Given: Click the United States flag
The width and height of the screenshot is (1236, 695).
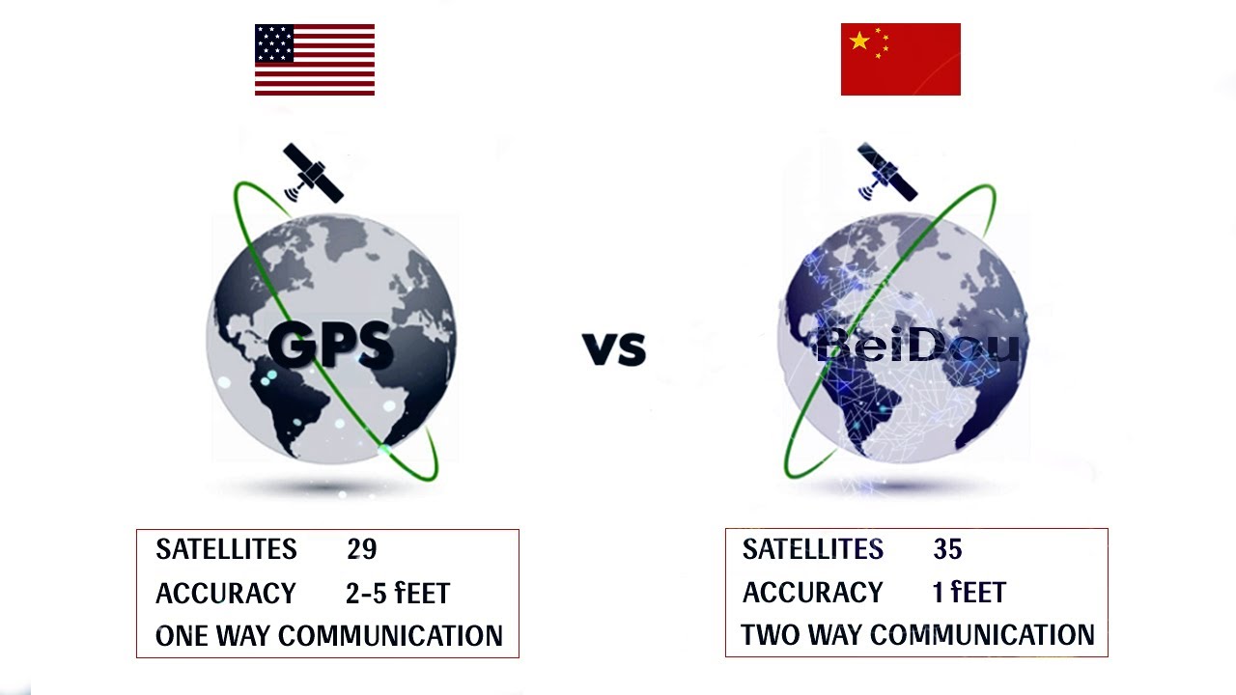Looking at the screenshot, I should click(315, 60).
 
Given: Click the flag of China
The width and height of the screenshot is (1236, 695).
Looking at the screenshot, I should click(900, 60).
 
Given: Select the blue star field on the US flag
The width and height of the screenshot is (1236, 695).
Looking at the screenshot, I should click(274, 42).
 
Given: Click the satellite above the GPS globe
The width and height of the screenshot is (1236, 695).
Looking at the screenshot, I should click(312, 174).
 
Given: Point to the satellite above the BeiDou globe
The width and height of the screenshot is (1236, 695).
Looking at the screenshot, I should click(886, 173).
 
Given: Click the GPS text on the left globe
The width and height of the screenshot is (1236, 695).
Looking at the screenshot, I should click(330, 345).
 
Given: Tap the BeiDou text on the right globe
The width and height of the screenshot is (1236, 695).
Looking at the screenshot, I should click(917, 346).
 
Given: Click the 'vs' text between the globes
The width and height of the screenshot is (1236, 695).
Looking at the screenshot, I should click(614, 347).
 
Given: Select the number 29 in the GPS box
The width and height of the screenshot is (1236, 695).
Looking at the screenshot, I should click(361, 549).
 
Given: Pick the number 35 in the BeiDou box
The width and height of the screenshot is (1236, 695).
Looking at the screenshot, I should click(947, 549).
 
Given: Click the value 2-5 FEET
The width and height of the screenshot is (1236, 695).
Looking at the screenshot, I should click(398, 593).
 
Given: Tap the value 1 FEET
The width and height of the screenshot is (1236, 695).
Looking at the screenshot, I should click(969, 592).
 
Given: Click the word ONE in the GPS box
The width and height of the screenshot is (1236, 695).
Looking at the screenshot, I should click(182, 636).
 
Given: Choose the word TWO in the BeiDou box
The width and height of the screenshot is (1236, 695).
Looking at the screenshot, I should click(770, 635).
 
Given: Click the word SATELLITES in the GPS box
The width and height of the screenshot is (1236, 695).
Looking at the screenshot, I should click(226, 549).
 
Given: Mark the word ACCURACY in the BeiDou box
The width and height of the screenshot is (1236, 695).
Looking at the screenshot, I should click(812, 592).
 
